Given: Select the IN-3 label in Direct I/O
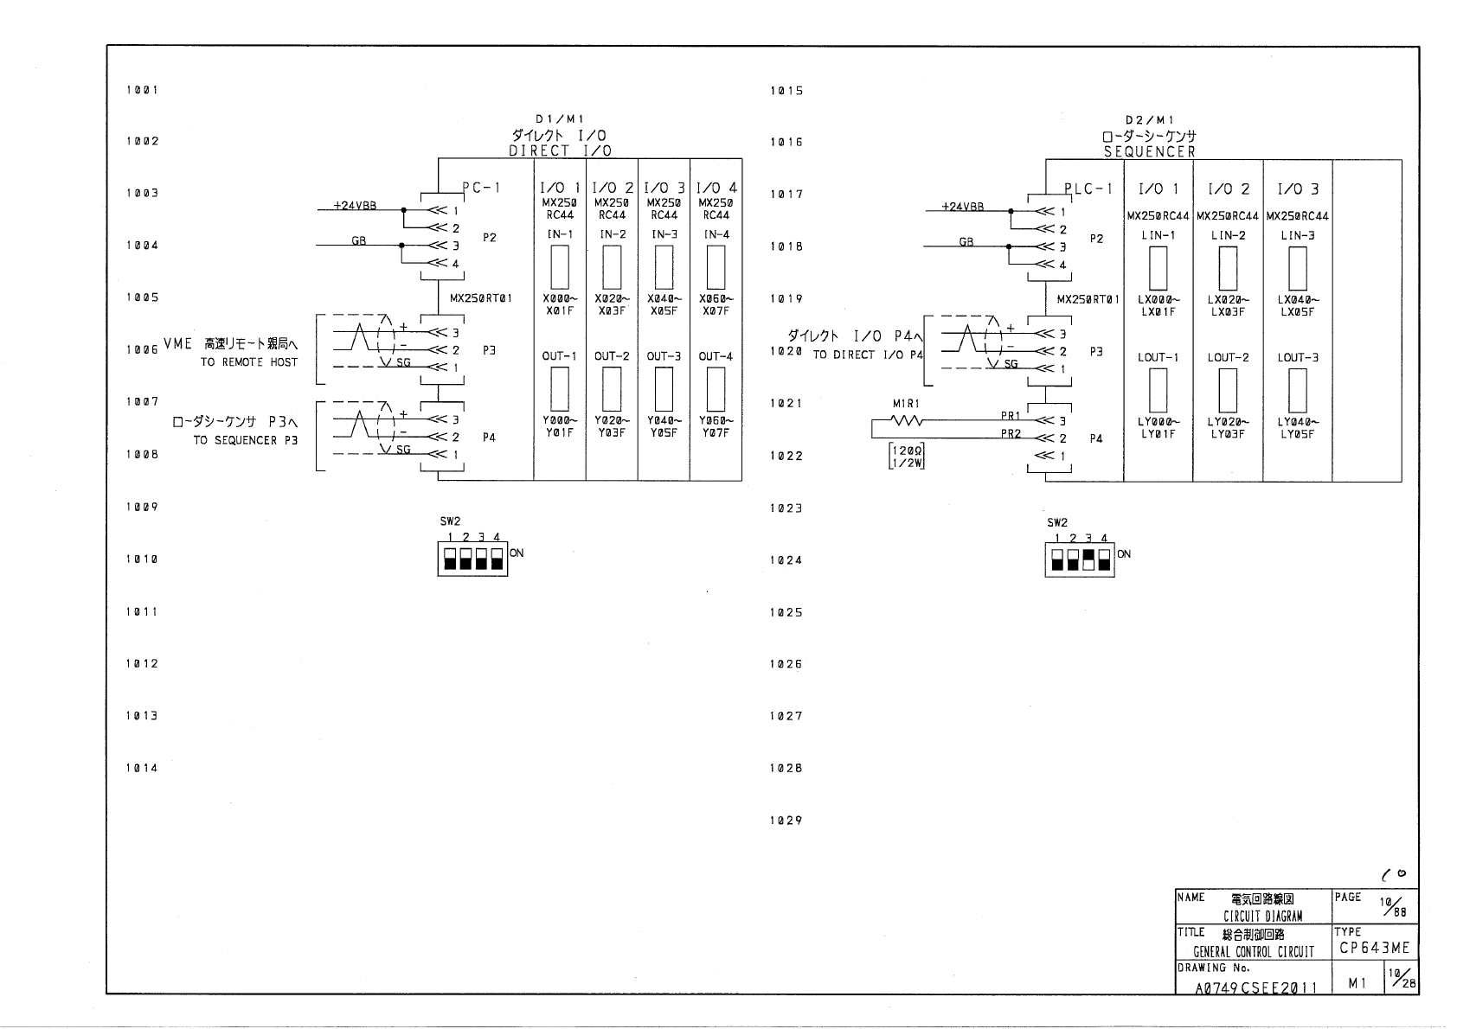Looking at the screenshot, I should (x=664, y=234).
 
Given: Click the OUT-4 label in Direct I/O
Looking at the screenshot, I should (x=716, y=356).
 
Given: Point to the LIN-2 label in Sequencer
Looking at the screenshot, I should (x=1228, y=235).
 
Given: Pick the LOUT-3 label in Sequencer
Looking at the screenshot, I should (x=1297, y=357).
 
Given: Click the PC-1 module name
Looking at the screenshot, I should (x=481, y=187).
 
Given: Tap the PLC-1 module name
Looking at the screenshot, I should (x=1088, y=189).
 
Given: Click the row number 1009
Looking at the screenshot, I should (x=142, y=507).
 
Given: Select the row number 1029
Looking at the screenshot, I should (x=786, y=821).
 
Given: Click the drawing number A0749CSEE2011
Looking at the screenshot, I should (x=1255, y=987).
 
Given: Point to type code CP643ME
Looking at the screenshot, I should (x=1375, y=949).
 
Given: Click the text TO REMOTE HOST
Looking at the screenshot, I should (x=248, y=362).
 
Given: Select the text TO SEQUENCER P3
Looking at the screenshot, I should (x=245, y=440).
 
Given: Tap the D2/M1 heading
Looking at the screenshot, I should (x=1149, y=120).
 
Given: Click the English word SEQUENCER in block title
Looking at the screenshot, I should (x=1149, y=151).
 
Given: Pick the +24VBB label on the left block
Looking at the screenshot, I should (x=355, y=207).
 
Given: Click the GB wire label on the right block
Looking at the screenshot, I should (x=966, y=242).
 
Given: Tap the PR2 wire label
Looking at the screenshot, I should (x=1011, y=433).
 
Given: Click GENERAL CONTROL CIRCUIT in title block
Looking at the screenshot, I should (x=1253, y=952).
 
